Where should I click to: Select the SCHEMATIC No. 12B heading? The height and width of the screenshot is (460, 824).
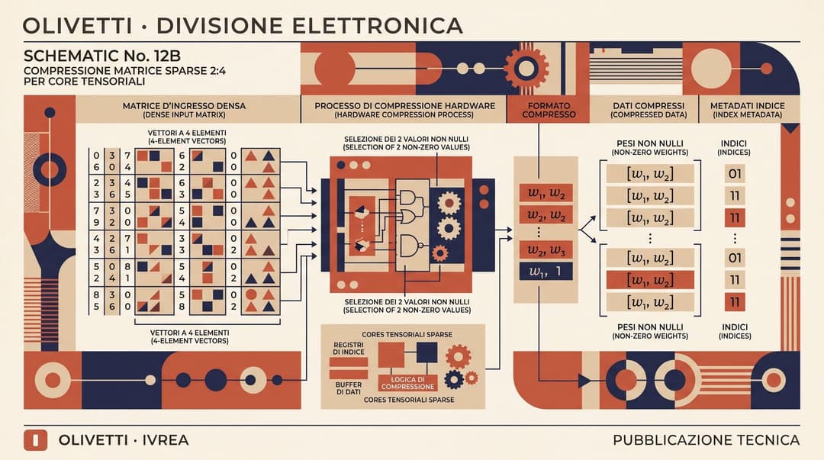coord(102,56)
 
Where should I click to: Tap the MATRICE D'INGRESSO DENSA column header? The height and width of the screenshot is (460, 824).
coord(184,109)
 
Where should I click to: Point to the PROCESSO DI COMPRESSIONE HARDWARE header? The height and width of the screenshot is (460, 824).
coord(404,109)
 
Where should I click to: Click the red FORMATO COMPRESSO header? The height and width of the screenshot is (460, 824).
coord(549,109)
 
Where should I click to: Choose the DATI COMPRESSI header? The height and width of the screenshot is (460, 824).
coord(649,109)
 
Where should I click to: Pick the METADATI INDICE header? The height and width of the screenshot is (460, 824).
coord(747,109)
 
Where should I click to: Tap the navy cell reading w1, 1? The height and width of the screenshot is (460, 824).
coord(546,272)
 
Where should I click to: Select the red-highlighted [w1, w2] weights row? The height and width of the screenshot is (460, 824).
coord(650,280)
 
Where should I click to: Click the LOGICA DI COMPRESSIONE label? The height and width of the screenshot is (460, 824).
coord(407,383)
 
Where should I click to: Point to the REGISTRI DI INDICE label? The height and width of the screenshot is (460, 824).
coord(349,349)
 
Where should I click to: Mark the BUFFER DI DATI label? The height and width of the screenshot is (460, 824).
coord(349,388)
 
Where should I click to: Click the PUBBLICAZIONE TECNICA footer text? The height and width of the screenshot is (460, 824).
coord(707,440)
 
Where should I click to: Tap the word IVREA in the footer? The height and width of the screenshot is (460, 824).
coord(165,440)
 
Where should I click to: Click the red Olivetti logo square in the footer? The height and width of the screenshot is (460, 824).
coord(35,440)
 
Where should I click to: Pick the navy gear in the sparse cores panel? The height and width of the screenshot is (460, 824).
coord(453,379)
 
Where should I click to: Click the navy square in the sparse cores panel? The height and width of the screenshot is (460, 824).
coord(426,352)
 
